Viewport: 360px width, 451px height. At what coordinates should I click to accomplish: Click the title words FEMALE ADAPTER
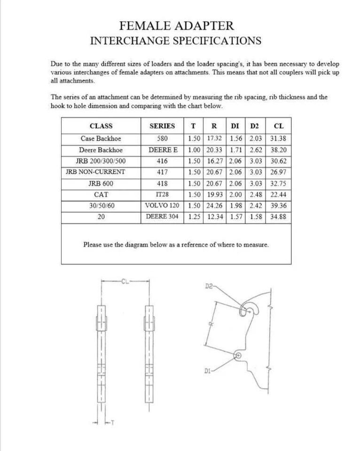pos(176,25)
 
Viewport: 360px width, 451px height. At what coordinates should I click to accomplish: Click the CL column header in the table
pos(278,126)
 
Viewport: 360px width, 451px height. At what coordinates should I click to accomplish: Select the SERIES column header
pos(162,126)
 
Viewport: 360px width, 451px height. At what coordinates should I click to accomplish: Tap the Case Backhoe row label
pos(101,139)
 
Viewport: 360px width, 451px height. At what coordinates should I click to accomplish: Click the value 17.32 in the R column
pos(214,139)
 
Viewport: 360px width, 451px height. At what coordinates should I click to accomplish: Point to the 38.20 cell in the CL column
pos(278,150)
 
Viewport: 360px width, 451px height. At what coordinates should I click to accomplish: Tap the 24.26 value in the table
pos(214,206)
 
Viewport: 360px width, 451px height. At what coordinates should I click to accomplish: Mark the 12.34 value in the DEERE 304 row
pos(214,217)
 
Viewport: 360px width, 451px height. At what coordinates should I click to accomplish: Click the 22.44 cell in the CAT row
pos(278,194)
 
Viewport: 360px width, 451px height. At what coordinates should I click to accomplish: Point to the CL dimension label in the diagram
pos(125,282)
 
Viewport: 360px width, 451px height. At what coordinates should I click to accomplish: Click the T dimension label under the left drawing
pos(112,427)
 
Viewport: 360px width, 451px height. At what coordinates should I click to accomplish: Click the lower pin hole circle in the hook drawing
pos(238,355)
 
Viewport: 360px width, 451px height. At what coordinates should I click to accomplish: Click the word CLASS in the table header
pos(101,126)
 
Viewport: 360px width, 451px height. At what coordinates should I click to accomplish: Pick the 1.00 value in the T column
pos(194,150)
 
